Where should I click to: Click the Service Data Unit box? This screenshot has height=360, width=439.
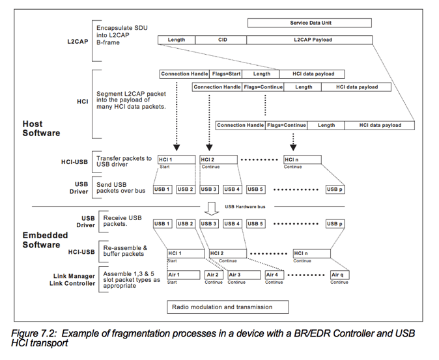tap(309, 23)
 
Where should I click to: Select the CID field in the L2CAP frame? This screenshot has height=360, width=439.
tap(221, 40)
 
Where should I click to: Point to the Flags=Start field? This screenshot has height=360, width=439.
tap(227, 74)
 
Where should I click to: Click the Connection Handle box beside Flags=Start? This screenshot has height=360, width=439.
tap(185, 74)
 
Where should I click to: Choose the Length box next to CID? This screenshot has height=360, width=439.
tap(177, 40)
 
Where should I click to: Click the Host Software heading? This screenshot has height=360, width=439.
tap(41, 128)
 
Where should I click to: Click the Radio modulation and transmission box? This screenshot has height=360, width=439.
tap(222, 307)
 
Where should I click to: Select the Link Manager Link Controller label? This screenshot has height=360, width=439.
tap(73, 281)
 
